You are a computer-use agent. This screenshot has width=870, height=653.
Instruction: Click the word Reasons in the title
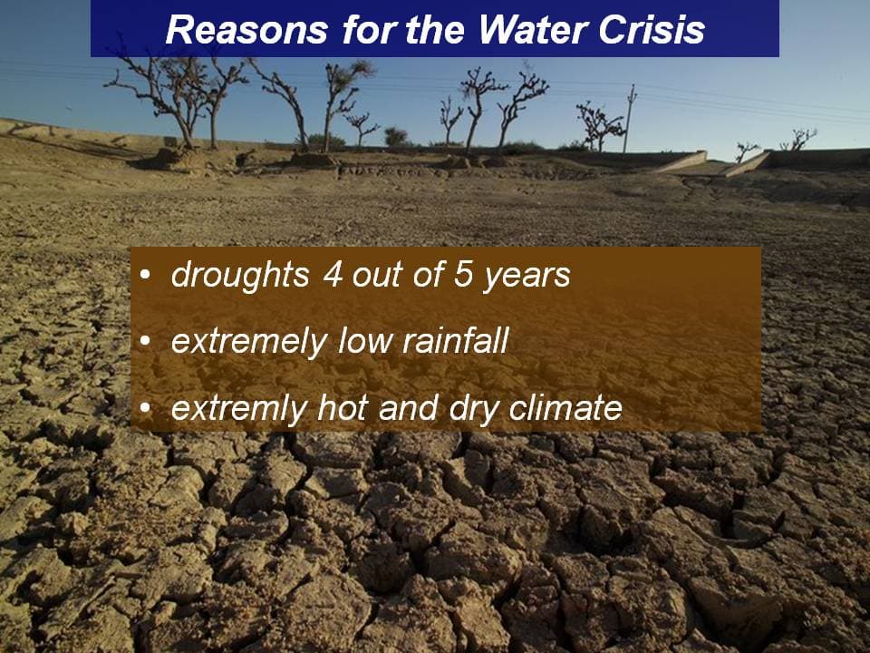pos(246,29)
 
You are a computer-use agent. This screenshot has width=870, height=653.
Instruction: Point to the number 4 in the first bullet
pos(333,274)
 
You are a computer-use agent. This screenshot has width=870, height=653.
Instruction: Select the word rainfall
pos(455,340)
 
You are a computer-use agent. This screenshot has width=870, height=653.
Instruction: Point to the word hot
pos(343,407)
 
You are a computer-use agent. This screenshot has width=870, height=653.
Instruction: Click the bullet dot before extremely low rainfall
pos(145,341)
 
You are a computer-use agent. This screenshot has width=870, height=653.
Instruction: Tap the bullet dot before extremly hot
pos(145,408)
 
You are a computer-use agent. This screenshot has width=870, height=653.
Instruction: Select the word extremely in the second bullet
pos(248,342)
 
